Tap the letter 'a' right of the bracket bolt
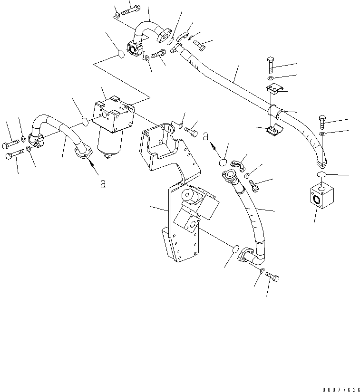tap(205, 136)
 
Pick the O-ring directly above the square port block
tap(321, 175)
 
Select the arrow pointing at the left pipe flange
tap(93, 166)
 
